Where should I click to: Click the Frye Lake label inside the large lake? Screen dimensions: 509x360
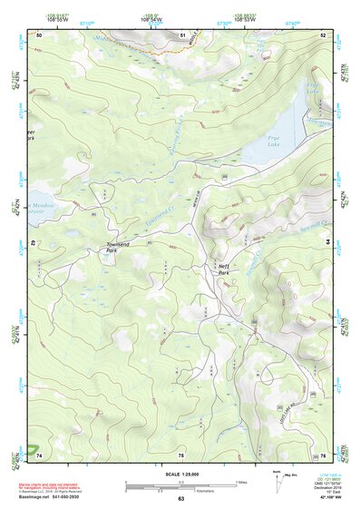click(275, 140)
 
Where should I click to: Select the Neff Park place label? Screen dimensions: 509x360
click(224, 269)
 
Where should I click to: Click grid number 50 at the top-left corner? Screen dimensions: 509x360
click(39, 34)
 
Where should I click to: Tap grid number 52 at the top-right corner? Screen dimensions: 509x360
click(324, 34)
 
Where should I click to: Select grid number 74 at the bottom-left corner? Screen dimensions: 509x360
click(39, 455)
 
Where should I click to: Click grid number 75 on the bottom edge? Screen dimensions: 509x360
click(180, 455)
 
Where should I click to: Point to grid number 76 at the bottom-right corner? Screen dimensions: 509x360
click(324, 455)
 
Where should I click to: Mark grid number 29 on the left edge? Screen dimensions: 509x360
click(33, 243)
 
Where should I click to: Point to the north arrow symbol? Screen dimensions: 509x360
click(251, 478)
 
